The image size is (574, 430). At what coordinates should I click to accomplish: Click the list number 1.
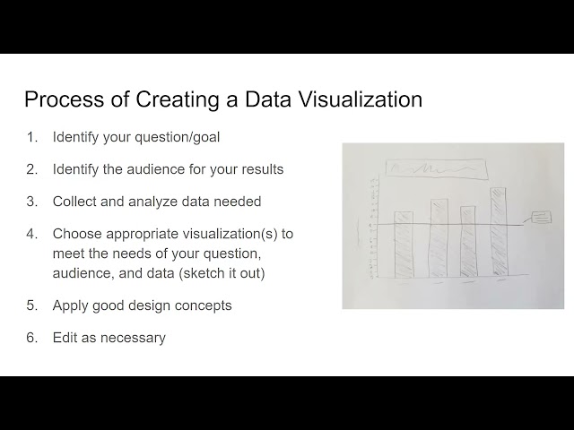pos(31,137)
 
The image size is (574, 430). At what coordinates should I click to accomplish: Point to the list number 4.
pos(31,234)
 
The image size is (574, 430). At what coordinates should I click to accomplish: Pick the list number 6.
pos(31,338)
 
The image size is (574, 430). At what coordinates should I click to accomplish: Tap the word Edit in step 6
pos(65,338)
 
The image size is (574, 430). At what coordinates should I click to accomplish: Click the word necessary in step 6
pos(133,338)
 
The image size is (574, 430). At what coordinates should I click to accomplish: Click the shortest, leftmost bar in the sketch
pos(404,244)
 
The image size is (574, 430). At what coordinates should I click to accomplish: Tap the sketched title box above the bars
pos(433,168)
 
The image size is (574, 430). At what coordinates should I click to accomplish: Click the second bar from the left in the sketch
pos(439,237)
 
